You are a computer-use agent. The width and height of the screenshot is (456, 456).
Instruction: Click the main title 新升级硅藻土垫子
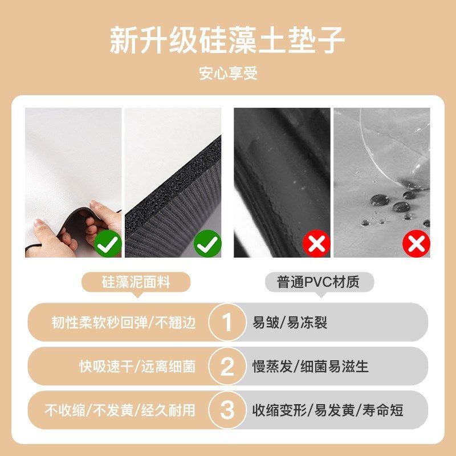[x=227, y=40]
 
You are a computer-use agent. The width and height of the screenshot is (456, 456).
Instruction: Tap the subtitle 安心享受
[x=228, y=74]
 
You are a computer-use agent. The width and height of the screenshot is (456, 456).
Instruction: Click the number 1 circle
[x=227, y=323]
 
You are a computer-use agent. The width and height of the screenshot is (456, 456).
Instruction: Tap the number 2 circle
[x=227, y=367]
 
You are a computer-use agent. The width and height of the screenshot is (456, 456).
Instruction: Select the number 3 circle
[x=227, y=410]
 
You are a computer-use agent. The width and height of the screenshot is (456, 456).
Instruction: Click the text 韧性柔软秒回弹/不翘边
[x=123, y=323]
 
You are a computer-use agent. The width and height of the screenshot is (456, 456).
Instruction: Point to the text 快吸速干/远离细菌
[x=137, y=367]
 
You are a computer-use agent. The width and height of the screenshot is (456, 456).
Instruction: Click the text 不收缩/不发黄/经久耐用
[x=120, y=410]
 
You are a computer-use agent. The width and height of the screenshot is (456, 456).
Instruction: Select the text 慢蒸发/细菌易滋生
[x=311, y=367]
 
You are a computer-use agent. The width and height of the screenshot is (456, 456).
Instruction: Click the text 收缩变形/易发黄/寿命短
[x=328, y=410]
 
